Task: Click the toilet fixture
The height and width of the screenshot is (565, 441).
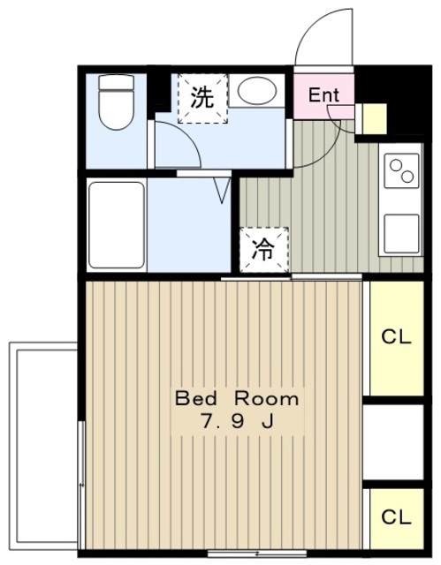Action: pyautogui.click(x=116, y=102)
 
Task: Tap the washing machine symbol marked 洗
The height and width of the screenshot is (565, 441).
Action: pyautogui.click(x=202, y=98)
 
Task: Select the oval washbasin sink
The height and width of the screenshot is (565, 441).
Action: pyautogui.click(x=258, y=90)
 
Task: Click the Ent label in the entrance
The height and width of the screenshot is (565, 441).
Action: pyautogui.click(x=323, y=95)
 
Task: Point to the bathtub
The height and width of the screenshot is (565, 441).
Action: pyautogui.click(x=116, y=225)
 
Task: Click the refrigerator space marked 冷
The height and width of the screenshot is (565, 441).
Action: pyautogui.click(x=264, y=250)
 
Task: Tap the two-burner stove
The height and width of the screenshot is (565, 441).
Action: pyautogui.click(x=401, y=170)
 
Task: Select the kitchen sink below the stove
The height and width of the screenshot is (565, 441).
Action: pyautogui.click(x=401, y=233)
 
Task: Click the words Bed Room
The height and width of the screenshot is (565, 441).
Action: pyautogui.click(x=237, y=399)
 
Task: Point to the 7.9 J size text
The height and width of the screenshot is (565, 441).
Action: pyautogui.click(x=237, y=421)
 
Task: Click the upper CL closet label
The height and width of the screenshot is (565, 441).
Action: pyautogui.click(x=396, y=337)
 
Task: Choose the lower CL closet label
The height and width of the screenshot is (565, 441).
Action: pyautogui.click(x=396, y=517)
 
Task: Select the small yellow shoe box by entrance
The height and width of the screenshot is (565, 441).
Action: pyautogui.click(x=375, y=119)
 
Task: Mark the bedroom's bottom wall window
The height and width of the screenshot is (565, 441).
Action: pyautogui.click(x=257, y=554)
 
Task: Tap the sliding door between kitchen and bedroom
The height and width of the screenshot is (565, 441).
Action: pyautogui.click(x=292, y=277)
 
